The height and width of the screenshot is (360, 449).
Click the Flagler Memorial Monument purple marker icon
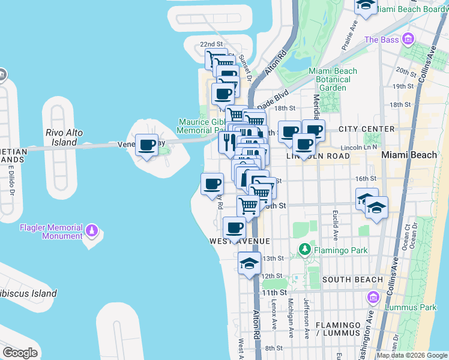click(91, 229)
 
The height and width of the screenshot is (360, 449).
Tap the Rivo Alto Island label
click(62, 137)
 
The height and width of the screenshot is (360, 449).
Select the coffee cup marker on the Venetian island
click(147, 145)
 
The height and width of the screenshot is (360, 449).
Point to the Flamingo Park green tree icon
click(305, 248)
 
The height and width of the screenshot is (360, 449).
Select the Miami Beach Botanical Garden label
click(332, 79)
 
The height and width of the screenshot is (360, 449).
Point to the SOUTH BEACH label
click(352, 280)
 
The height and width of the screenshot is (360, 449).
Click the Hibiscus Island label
click(30, 293)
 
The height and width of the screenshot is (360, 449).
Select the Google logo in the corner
click(20, 352)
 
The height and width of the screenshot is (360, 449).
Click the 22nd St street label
click(211, 44)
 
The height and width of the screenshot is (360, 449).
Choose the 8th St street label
click(274, 348)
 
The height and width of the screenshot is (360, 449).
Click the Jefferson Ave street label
click(306, 314)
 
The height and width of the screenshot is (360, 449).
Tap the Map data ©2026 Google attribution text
click(412, 355)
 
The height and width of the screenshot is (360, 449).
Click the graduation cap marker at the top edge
click(364, 5)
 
